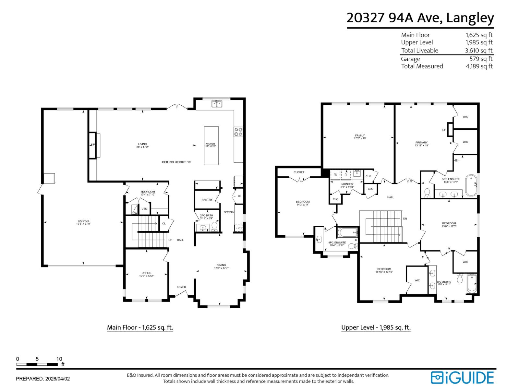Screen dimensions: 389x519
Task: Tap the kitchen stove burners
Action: click(x=238, y=132)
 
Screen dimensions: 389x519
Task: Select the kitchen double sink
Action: click(x=217, y=104)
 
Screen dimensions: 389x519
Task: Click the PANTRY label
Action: click(x=207, y=200)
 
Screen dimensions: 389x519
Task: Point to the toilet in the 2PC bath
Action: click(x=214, y=226)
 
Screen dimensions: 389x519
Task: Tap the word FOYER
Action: click(x=181, y=287)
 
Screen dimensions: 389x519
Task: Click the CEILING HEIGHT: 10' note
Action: click(x=177, y=162)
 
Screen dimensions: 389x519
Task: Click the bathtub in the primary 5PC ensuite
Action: click(x=471, y=185)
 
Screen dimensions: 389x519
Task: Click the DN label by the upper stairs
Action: click(x=405, y=219)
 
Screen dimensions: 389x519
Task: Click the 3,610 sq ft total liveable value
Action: click(x=478, y=50)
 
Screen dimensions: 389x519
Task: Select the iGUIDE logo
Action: click(x=462, y=378)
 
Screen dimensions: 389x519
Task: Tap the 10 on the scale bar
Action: click(x=59, y=359)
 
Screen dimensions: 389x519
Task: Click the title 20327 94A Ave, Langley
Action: click(x=420, y=18)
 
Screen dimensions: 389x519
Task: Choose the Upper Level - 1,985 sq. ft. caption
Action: click(x=376, y=327)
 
